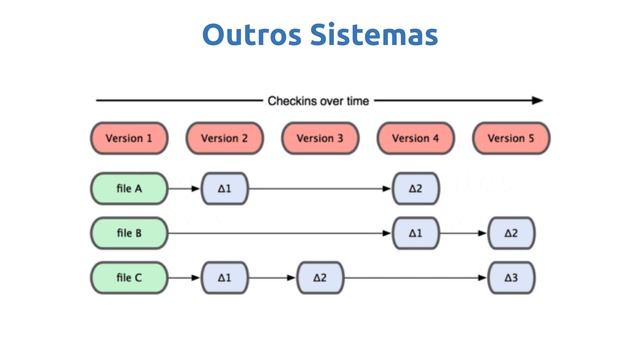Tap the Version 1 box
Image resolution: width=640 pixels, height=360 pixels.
click(129, 138)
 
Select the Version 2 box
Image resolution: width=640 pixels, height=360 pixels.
click(225, 138)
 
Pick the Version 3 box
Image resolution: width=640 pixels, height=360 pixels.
click(320, 138)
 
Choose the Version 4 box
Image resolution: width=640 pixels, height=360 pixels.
click(415, 138)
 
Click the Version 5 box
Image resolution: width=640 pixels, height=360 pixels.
click(511, 138)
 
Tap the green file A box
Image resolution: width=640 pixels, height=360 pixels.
click(129, 187)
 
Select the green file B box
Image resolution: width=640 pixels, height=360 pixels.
click(129, 233)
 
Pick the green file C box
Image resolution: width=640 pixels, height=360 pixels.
click(129, 277)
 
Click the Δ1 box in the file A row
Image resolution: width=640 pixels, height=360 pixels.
click(225, 187)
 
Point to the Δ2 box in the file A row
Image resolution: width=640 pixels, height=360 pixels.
click(416, 187)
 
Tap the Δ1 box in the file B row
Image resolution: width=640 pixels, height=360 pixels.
click(416, 233)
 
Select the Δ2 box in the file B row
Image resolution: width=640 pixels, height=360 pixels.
click(511, 233)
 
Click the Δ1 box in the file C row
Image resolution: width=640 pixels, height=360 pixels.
click(225, 277)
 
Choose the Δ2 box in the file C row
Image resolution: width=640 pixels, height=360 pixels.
click(320, 277)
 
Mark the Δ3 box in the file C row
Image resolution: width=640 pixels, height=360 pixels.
click(511, 277)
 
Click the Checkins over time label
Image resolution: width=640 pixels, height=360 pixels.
click(318, 100)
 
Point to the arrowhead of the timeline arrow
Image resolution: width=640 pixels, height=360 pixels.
click(538, 100)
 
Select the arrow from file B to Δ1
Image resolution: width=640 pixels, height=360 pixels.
click(280, 233)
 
